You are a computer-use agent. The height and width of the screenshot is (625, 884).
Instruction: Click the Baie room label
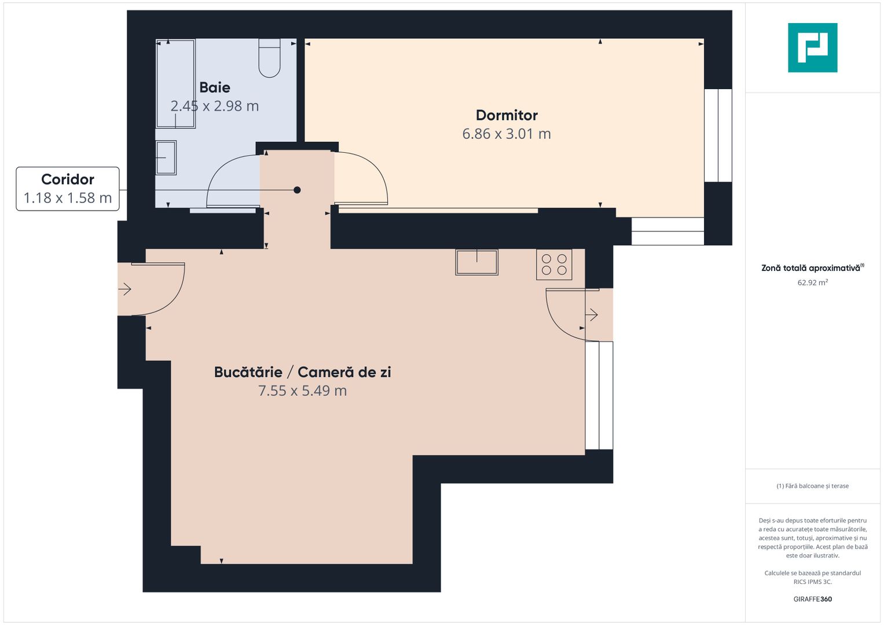(215, 87)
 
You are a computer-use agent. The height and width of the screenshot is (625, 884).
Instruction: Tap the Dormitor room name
(507, 115)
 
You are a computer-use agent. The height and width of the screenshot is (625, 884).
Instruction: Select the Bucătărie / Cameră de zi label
(302, 372)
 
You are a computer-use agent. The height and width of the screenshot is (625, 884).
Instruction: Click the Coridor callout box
(68, 189)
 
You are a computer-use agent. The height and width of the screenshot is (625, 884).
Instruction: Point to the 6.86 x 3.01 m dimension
(507, 134)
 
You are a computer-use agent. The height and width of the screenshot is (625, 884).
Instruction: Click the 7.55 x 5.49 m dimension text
(302, 391)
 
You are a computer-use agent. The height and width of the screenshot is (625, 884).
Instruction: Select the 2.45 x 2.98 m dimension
(215, 106)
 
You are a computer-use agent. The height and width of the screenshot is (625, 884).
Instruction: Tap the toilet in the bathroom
(269, 58)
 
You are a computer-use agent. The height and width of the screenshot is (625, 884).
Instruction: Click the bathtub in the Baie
(175, 83)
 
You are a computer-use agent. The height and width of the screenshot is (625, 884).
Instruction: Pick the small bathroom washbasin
(166, 157)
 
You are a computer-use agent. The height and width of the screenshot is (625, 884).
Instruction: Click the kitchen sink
(476, 262)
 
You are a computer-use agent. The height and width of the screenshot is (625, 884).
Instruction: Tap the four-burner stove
(554, 264)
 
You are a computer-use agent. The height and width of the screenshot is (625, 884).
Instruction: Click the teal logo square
(812, 47)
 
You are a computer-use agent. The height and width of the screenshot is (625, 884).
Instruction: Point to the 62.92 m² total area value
(812, 283)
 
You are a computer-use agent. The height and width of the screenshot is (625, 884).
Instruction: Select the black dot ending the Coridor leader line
(297, 190)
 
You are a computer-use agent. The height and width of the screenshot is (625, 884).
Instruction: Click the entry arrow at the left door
(125, 289)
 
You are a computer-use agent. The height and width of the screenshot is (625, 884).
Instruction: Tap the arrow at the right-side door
(592, 315)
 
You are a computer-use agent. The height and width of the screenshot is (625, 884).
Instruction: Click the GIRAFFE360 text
(812, 599)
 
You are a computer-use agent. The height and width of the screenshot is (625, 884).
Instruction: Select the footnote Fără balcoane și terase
(812, 486)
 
